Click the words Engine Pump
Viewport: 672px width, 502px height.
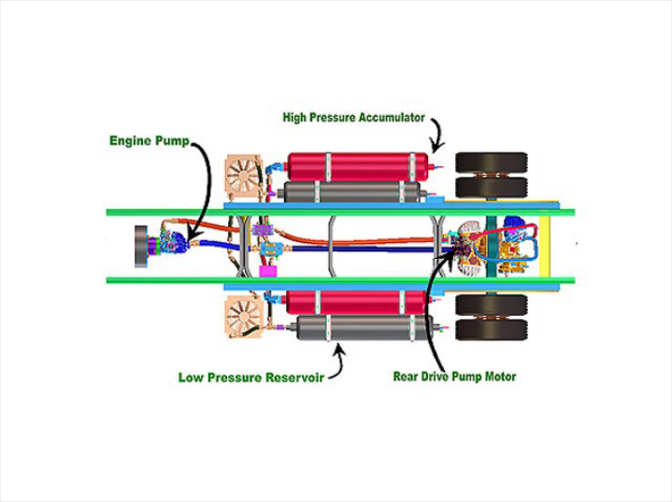point(149,141)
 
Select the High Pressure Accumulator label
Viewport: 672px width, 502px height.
point(353,118)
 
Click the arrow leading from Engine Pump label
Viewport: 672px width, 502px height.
point(205,187)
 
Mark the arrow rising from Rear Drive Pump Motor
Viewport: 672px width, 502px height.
point(431,308)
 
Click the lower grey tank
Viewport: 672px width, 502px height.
point(360,328)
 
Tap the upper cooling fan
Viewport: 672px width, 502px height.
point(244,175)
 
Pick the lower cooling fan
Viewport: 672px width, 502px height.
point(243,316)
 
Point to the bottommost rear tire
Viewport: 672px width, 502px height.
point(491,329)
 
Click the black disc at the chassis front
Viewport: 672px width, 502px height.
point(143,246)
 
